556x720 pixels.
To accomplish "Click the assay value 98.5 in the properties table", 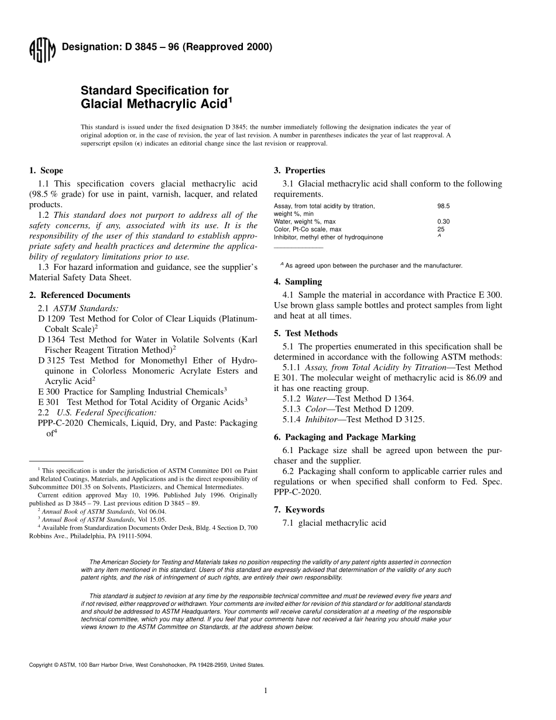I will click(x=444, y=206).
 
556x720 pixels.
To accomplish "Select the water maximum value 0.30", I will click(x=444, y=222).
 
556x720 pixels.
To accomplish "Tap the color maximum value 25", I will click(x=441, y=229).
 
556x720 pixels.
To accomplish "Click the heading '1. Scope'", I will click(x=46, y=171).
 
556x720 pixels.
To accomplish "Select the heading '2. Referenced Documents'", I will click(x=80, y=295).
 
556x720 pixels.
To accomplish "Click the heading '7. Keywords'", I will click(x=299, y=510).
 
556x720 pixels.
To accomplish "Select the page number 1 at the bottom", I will click(x=266, y=691).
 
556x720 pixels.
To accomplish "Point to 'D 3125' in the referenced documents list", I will click(x=51, y=361).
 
